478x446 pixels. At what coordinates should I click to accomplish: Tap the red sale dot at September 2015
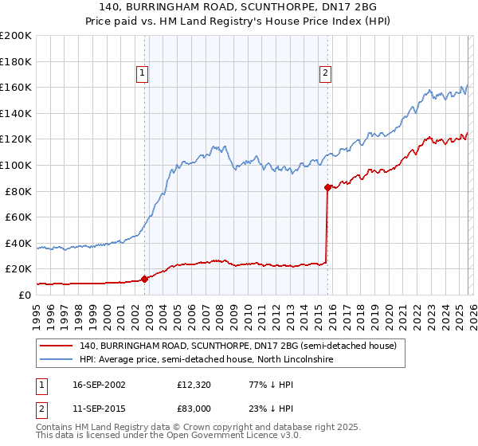327,187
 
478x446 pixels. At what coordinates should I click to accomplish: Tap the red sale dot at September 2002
145,279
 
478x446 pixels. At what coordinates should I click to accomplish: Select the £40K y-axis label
18,243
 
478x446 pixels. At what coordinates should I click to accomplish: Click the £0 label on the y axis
24,295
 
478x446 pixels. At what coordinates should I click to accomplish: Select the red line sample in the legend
57,346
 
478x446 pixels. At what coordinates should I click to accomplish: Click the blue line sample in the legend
57,360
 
